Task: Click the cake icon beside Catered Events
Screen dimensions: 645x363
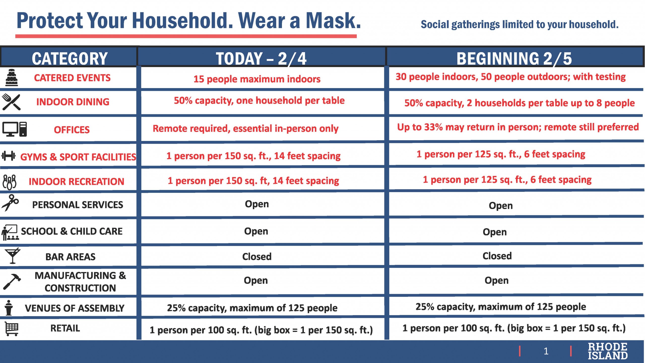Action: tap(12, 78)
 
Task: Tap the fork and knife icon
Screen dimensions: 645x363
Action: tap(11, 102)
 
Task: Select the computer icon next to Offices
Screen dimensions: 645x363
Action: tap(15, 129)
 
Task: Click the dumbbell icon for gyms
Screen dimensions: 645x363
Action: tap(8, 156)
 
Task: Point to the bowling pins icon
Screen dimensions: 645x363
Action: tap(10, 182)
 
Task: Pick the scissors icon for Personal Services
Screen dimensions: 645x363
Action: tap(10, 203)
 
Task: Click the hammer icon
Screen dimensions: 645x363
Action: tap(12, 282)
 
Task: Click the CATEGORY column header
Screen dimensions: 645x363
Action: tap(70, 58)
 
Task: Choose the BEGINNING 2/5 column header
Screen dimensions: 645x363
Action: tap(514, 58)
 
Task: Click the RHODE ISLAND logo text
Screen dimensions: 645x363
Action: tap(607, 351)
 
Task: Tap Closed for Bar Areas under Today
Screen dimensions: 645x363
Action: tap(257, 257)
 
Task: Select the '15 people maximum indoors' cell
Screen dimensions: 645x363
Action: tap(257, 79)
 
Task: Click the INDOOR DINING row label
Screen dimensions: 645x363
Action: tap(73, 102)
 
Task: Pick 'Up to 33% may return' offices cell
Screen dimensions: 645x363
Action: tap(518, 127)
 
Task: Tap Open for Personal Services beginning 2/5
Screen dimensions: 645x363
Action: tap(501, 206)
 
